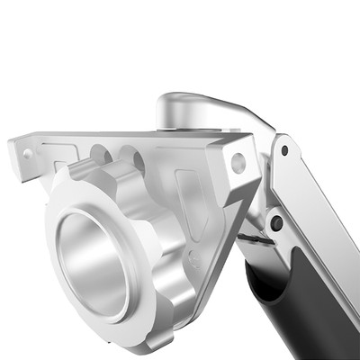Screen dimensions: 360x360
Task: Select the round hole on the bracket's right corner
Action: point(238,163)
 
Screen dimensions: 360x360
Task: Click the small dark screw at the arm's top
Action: point(284,150)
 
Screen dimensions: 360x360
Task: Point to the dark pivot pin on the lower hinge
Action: point(276,222)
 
